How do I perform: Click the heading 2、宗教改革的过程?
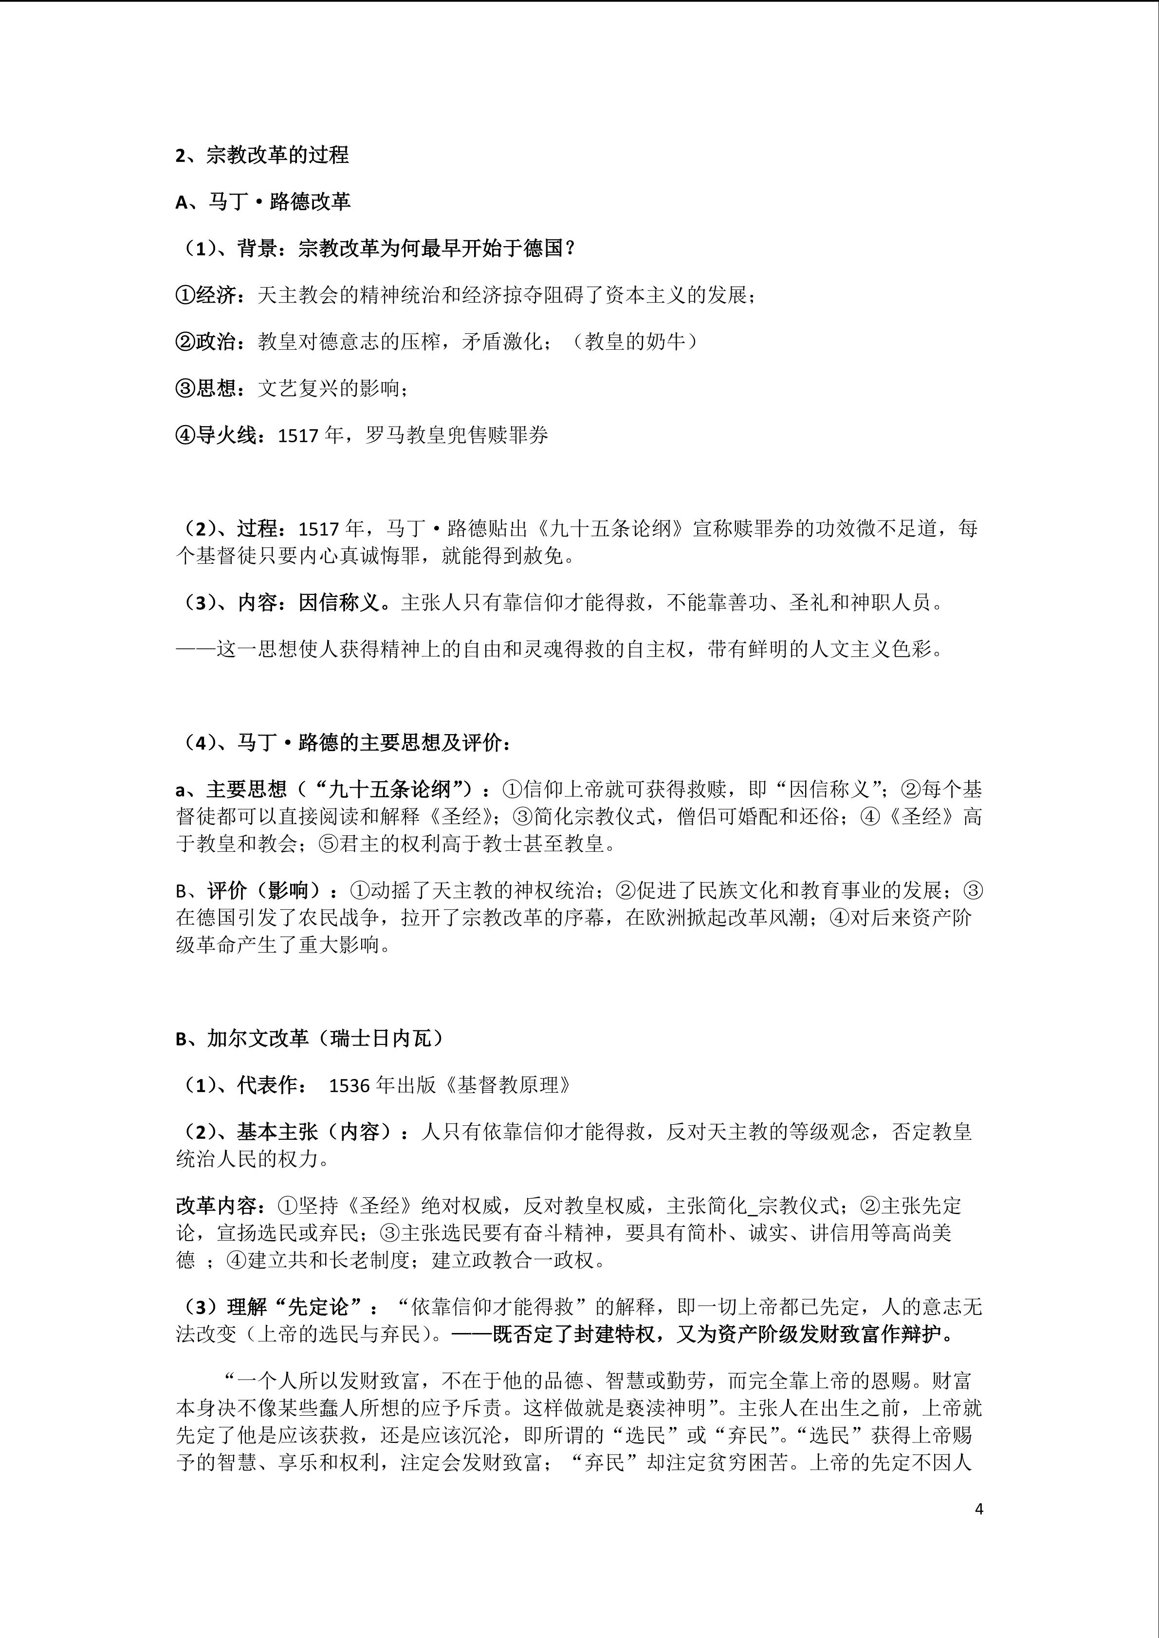262,155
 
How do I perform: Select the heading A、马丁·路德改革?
263,202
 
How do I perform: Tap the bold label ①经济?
205,295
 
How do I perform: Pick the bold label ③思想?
205,388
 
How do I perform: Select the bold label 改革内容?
216,1206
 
